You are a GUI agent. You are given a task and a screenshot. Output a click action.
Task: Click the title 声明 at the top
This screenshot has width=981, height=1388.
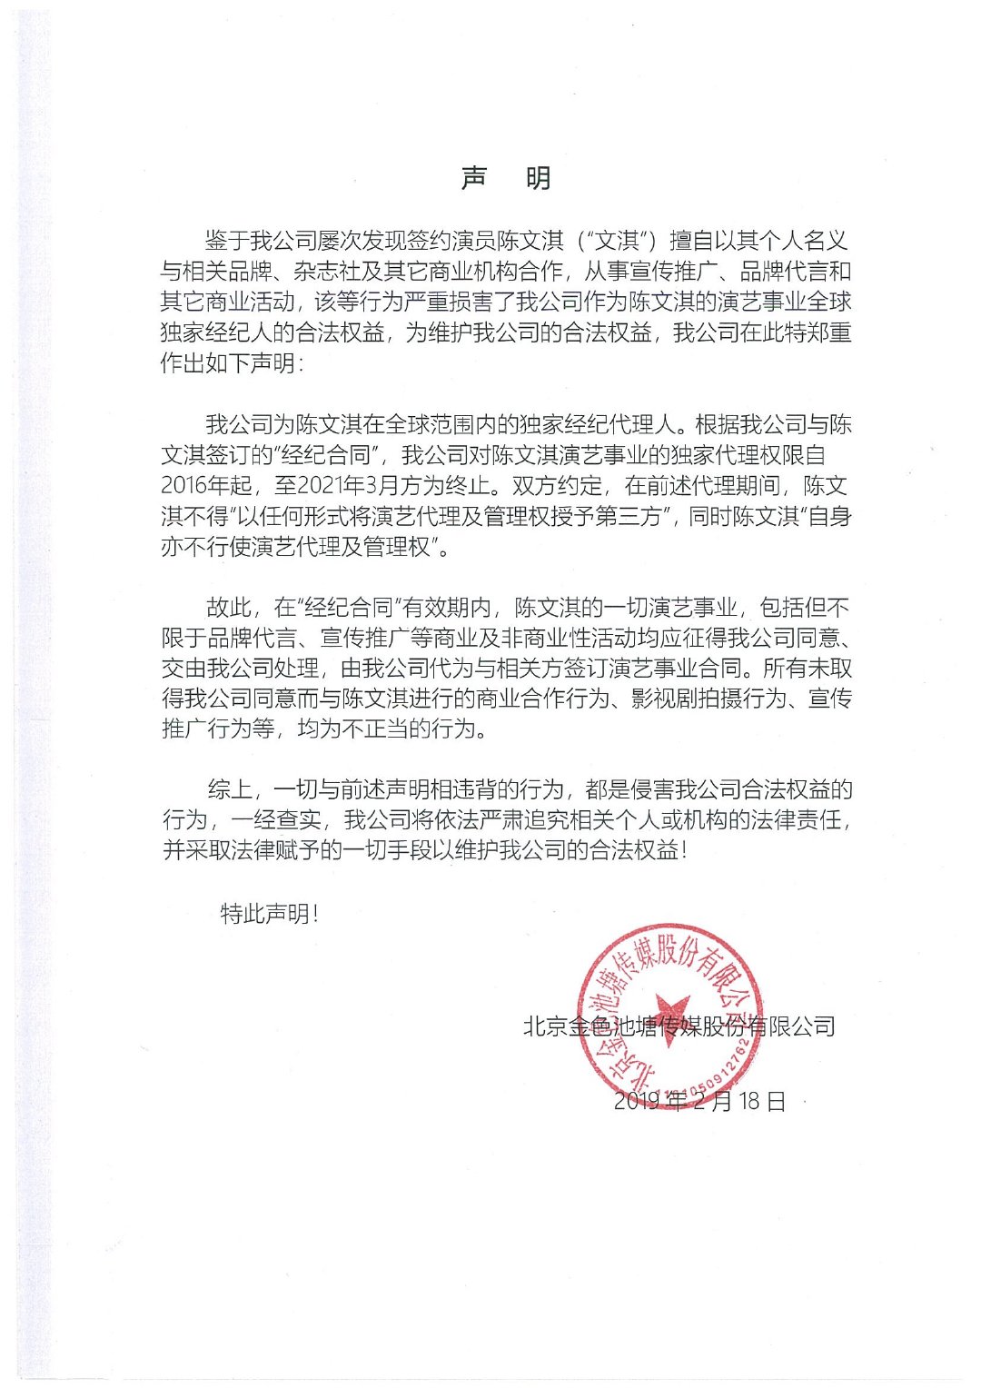tap(506, 178)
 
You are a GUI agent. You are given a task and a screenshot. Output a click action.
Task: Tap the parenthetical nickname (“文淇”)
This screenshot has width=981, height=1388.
tap(617, 241)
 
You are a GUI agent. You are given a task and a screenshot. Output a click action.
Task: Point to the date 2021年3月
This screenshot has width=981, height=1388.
tap(349, 486)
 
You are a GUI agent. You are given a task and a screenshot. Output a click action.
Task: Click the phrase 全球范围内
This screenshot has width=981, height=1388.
tap(441, 424)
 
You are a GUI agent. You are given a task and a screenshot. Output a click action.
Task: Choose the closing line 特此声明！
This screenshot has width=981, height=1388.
tap(270, 914)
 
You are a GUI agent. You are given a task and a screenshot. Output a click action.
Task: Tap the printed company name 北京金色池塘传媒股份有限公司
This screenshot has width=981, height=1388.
tap(679, 1026)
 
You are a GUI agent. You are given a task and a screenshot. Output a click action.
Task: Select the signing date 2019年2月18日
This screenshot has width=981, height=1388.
tap(699, 1101)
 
